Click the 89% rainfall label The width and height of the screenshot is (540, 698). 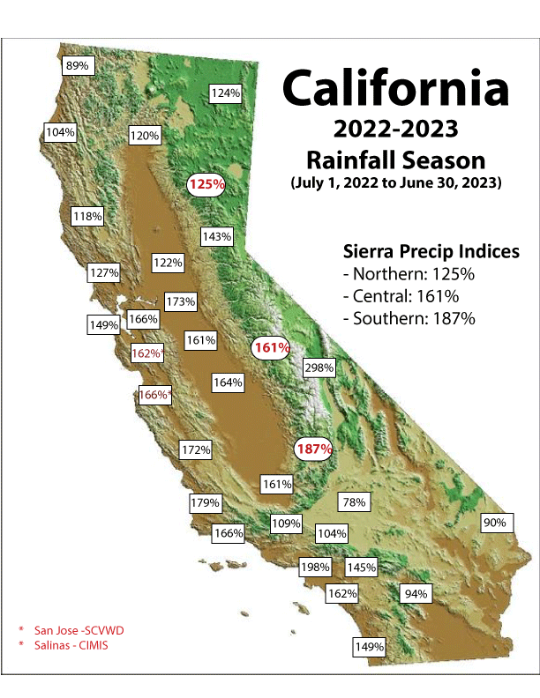[x=78, y=66]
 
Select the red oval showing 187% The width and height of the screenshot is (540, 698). [x=314, y=449]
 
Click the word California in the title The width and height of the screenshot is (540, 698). [x=395, y=89]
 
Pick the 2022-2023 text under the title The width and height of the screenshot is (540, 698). [x=395, y=130]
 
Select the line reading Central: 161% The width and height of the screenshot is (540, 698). [x=404, y=296]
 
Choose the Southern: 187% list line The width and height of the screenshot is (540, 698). [x=409, y=318]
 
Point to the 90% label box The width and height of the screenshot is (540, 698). [x=494, y=523]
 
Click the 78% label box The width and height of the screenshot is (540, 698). [x=354, y=502]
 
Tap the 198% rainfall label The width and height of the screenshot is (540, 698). [x=314, y=567]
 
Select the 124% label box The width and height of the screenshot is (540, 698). [x=226, y=93]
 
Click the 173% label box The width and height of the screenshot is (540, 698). [x=180, y=301]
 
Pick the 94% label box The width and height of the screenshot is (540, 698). [x=416, y=594]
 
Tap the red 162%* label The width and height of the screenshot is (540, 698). [x=147, y=353]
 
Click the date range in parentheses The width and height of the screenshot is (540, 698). [x=395, y=184]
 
